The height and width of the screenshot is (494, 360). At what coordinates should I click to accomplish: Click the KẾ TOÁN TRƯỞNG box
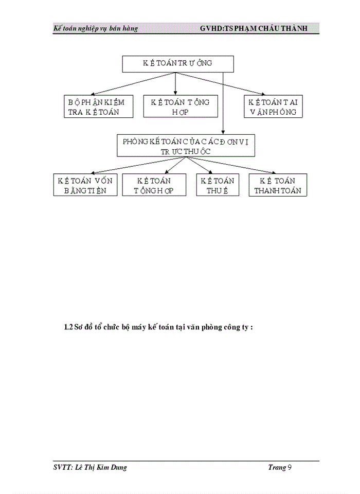(178, 64)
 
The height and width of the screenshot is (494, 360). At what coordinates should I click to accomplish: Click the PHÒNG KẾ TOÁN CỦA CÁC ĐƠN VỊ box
(186, 146)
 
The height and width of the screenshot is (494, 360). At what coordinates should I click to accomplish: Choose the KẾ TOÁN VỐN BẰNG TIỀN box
(85, 185)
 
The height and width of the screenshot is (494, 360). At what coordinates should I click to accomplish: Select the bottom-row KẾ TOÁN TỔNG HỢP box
(154, 185)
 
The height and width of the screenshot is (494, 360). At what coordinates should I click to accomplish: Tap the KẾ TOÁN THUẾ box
(217, 185)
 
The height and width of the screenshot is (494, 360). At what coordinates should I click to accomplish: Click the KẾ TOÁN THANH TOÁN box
(278, 185)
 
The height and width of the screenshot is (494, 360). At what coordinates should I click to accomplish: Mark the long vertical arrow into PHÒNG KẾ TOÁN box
(223, 103)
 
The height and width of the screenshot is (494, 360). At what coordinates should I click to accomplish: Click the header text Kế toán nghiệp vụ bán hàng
(96, 28)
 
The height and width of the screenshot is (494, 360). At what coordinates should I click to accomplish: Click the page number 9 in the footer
(290, 467)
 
